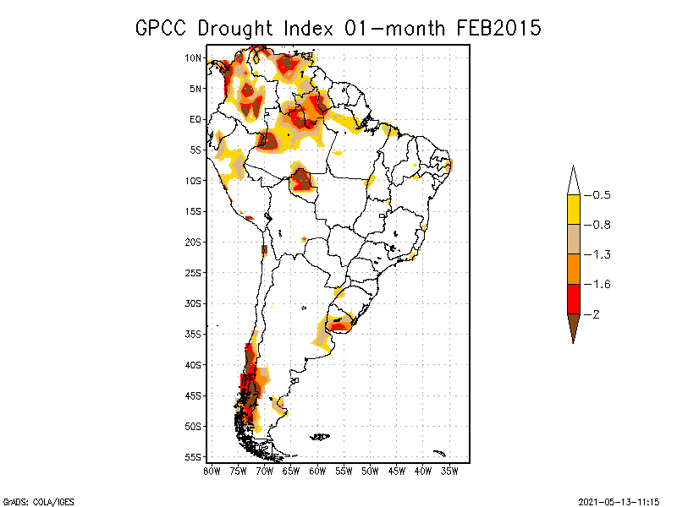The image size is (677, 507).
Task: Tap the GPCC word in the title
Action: coord(163,28)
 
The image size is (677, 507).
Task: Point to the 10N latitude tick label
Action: coord(194,57)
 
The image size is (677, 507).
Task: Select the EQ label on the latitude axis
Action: coord(195,119)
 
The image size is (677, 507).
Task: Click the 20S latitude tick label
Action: coord(194,242)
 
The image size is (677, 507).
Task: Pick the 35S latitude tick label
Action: coord(194,334)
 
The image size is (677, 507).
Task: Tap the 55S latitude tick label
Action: coord(194,456)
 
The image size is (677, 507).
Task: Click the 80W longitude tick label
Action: coord(212,471)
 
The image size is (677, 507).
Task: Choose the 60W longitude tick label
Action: coord(317,471)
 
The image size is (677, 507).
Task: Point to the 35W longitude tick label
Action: coord(449,471)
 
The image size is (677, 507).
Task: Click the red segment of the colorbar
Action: coord(573,298)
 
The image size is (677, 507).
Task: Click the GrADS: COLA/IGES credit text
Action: coord(35,500)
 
